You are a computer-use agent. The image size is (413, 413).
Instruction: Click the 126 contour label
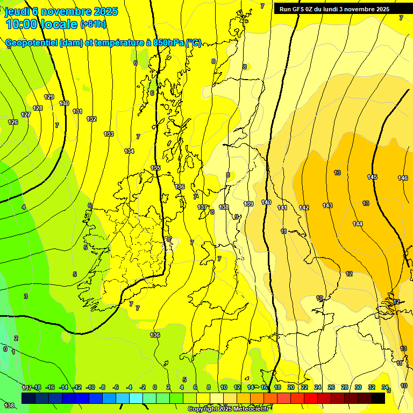click(x=13, y=122)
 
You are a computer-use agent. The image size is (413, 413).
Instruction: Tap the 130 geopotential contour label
click(x=64, y=103)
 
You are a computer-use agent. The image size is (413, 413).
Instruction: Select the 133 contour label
click(x=109, y=134)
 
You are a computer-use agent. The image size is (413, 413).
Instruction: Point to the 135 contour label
click(x=155, y=168)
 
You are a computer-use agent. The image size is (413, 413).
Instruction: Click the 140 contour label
click(x=266, y=202)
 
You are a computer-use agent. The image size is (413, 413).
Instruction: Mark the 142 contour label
click(x=304, y=208)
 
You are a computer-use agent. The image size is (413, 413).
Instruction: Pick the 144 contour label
click(x=358, y=224)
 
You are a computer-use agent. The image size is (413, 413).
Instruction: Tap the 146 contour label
click(x=403, y=178)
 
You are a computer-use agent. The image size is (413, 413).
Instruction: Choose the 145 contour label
click(x=372, y=177)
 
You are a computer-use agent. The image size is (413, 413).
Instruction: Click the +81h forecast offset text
click(x=93, y=24)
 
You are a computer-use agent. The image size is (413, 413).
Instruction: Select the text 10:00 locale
click(x=41, y=24)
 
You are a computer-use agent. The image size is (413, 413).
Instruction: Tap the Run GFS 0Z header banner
click(x=334, y=9)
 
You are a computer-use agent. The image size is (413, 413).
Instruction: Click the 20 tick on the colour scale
click(x=290, y=387)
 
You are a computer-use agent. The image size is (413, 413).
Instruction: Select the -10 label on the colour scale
click(x=90, y=387)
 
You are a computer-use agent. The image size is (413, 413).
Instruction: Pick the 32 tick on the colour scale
click(x=371, y=387)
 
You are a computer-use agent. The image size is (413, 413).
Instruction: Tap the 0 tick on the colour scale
click(x=155, y=387)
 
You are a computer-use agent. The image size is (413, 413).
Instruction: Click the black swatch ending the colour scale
click(x=378, y=398)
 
